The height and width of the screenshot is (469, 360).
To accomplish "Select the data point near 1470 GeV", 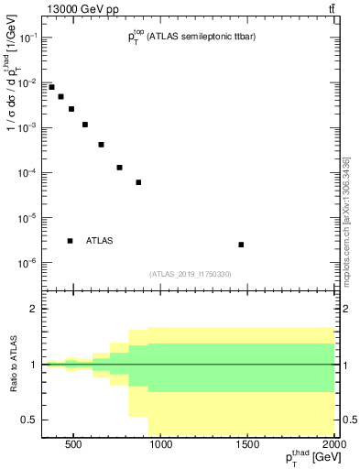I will pos(241,245).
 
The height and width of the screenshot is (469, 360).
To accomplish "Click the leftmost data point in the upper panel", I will pos(51,87).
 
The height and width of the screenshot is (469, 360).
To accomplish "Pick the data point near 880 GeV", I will pos(138,182).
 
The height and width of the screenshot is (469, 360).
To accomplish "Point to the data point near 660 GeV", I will pos(101,145).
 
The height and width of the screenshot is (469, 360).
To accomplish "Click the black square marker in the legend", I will pos(71,241).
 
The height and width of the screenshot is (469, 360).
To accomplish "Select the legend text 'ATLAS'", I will pos(100,241).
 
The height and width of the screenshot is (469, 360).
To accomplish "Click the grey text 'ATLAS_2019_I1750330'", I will pos(190,274).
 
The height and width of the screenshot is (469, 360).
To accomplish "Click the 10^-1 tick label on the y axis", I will pos(28,38).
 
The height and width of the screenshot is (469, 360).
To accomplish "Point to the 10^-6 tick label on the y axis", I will pos(28,264).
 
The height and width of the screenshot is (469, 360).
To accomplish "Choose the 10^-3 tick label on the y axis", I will pos(28,128).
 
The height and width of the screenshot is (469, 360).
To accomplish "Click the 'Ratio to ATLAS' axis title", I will pos(14,365).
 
